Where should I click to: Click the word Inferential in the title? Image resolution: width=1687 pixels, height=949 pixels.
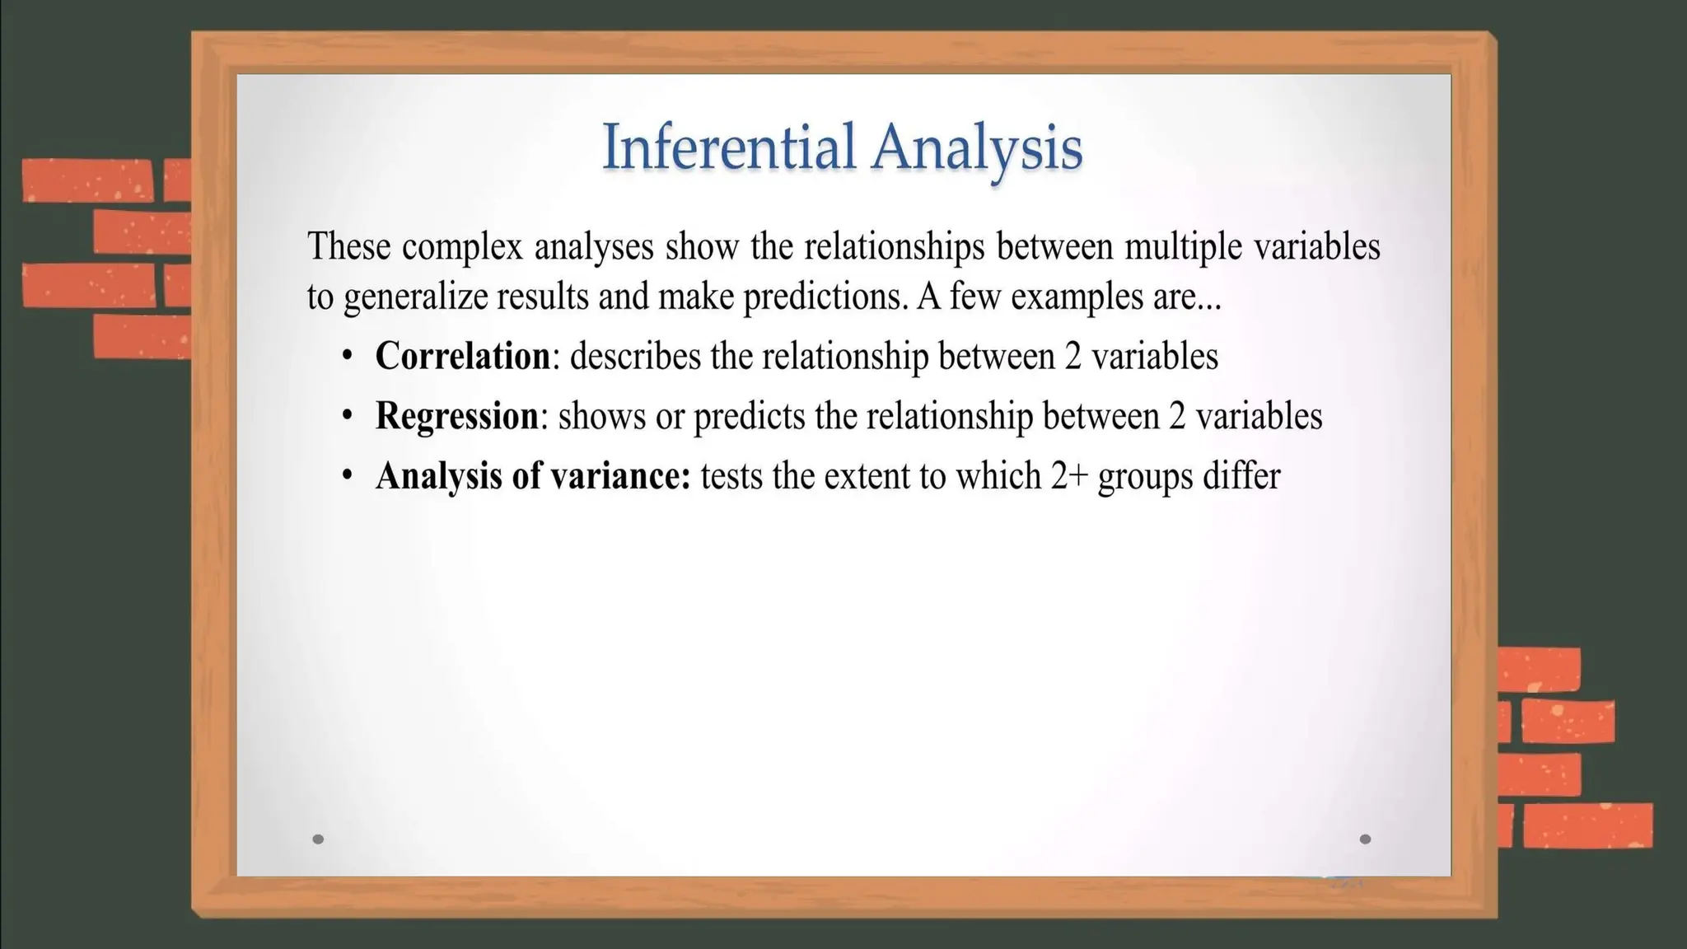(728, 147)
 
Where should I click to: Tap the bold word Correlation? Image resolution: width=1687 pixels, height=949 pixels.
(462, 356)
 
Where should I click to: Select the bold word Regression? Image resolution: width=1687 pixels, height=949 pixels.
(456, 416)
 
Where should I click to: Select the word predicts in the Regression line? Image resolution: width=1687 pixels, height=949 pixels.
(749, 417)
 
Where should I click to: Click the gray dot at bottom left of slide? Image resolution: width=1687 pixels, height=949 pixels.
(318, 839)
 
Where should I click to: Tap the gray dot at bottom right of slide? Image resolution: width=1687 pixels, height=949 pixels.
(1365, 839)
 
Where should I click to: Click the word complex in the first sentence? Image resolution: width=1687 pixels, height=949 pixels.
(462, 247)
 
